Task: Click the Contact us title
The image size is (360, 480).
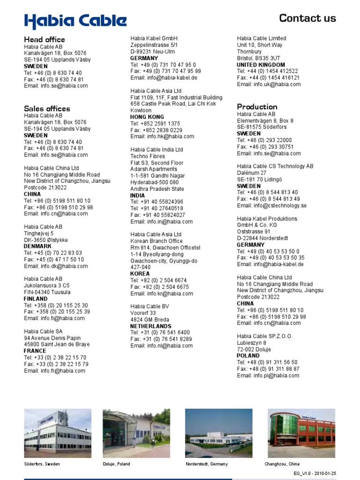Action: pyautogui.click(x=307, y=18)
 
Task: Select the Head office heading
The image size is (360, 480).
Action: pyautogui.click(x=45, y=39)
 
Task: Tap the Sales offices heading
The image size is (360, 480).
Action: pyautogui.click(x=47, y=109)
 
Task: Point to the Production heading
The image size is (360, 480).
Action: pyautogui.click(x=257, y=107)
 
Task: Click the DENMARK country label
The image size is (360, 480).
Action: pyautogui.click(x=38, y=246)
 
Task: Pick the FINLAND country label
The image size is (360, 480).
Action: pyautogui.click(x=36, y=299)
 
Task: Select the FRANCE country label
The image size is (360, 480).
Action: pyautogui.click(x=35, y=351)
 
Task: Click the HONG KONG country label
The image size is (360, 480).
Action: pyautogui.click(x=147, y=117)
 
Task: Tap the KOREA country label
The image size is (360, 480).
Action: pyautogui.click(x=140, y=274)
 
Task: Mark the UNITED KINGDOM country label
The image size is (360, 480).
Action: pyautogui.click(x=261, y=65)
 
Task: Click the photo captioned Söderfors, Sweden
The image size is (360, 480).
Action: pyautogui.click(x=58, y=433)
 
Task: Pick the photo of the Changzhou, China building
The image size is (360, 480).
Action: pyautogui.click(x=301, y=433)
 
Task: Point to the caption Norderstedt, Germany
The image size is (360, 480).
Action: pyautogui.click(x=207, y=464)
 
